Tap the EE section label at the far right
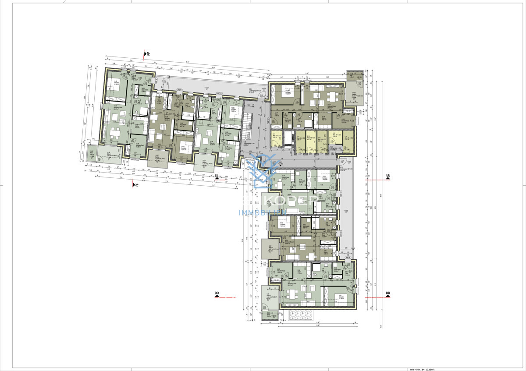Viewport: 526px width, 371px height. tap(387, 177)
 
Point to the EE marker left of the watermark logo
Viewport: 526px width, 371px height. tap(217, 177)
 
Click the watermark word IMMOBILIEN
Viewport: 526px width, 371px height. tap(262, 212)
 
